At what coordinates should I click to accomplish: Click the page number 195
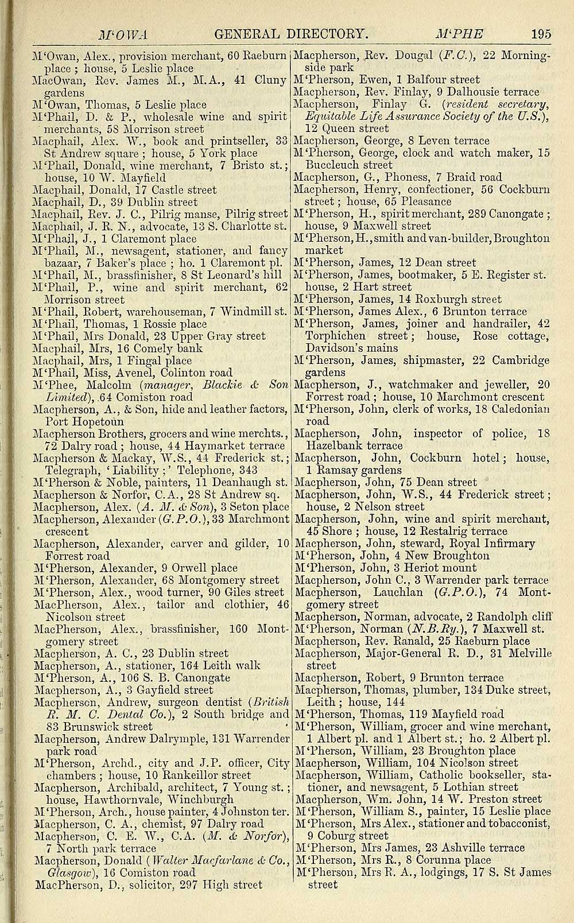pyautogui.click(x=540, y=34)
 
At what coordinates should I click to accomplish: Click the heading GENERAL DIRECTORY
pyautogui.click(x=290, y=34)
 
